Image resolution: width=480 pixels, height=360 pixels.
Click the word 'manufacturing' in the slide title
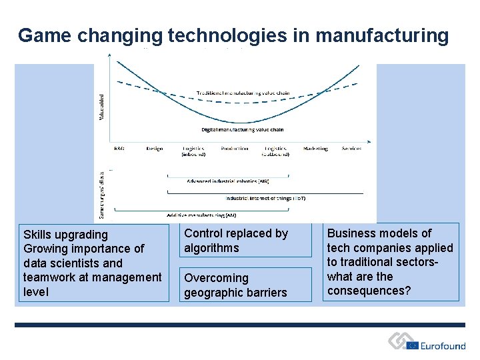pyautogui.click(x=381, y=35)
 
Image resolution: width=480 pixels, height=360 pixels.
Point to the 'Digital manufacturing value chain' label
pyautogui.click(x=243, y=129)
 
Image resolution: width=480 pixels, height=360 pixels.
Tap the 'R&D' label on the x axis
pyautogui.click(x=119, y=148)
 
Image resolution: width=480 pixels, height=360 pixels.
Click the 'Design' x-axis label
pyautogui.click(x=154, y=148)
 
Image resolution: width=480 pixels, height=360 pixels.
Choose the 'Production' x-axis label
pyautogui.click(x=234, y=148)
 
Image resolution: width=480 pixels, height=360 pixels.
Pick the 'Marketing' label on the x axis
pyautogui.click(x=315, y=148)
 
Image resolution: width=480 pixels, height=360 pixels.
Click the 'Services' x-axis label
pyautogui.click(x=351, y=148)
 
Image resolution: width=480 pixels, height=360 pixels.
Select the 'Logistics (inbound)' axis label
pyautogui.click(x=193, y=151)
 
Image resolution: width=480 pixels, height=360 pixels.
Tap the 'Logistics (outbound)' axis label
pyautogui.click(x=275, y=151)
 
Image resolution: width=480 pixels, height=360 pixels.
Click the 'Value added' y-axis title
pyautogui.click(x=101, y=107)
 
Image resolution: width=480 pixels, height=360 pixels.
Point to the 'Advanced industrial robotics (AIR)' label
pyautogui.click(x=228, y=181)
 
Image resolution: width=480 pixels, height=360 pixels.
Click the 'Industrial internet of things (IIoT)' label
pyautogui.click(x=265, y=198)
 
